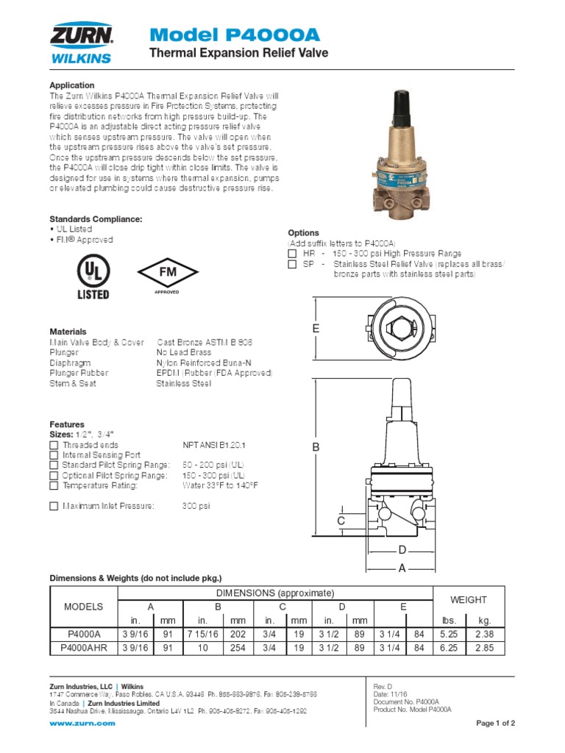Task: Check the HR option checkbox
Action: pos(291,253)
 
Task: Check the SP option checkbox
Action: pos(291,263)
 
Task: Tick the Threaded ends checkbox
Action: pos(54,445)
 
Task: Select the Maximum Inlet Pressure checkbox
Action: pos(54,506)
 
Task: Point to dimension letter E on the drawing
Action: pos(316,328)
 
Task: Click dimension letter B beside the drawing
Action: pos(316,447)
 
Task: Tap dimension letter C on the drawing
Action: pos(341,521)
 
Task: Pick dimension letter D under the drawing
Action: pos(402,550)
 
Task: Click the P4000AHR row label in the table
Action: pos(83,648)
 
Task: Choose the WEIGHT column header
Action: pos(469,600)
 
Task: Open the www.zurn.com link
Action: pos(82,724)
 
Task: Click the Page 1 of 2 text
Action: pos(495,724)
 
